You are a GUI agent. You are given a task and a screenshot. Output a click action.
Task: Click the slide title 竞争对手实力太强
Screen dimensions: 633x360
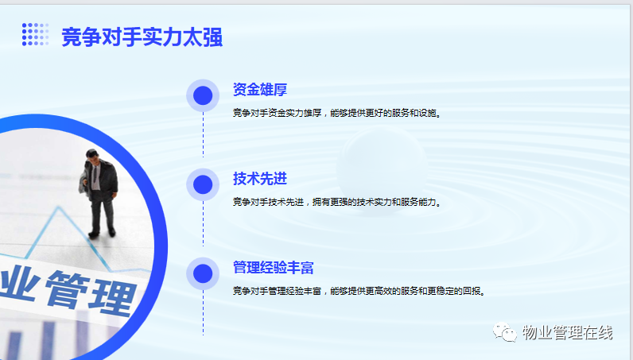(142, 37)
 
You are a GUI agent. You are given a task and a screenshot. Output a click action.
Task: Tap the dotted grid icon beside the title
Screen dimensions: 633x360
(36, 34)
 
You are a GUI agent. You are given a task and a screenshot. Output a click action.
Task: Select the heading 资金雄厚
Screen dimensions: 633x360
(260, 90)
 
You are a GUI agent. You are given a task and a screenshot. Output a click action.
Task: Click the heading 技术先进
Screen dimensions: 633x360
(260, 178)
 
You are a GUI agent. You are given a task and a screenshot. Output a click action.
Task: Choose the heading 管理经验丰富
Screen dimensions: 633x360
(274, 268)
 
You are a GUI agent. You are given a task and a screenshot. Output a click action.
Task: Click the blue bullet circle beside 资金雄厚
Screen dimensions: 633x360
(203, 95)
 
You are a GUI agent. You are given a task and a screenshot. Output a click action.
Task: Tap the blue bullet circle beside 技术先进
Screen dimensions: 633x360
(203, 184)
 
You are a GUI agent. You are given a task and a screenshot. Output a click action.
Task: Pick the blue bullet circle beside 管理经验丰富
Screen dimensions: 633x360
(203, 273)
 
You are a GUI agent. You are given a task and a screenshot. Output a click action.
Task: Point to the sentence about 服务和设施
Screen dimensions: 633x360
(337, 113)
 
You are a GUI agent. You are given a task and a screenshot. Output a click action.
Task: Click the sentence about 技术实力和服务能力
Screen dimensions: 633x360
(337, 202)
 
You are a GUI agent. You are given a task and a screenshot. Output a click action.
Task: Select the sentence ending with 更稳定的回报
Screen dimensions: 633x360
(359, 291)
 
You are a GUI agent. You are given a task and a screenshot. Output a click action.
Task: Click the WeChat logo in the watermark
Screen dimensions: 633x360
(505, 332)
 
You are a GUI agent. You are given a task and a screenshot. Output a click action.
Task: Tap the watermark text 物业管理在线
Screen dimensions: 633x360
(568, 332)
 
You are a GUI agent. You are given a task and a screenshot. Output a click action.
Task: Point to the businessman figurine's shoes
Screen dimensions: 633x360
(103, 234)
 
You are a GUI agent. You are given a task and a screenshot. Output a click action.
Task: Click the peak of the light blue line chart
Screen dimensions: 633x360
(59, 207)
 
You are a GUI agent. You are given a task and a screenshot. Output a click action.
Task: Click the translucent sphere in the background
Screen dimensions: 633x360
(382, 168)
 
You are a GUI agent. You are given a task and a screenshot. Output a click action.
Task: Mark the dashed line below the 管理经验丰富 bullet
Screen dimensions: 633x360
(203, 313)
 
